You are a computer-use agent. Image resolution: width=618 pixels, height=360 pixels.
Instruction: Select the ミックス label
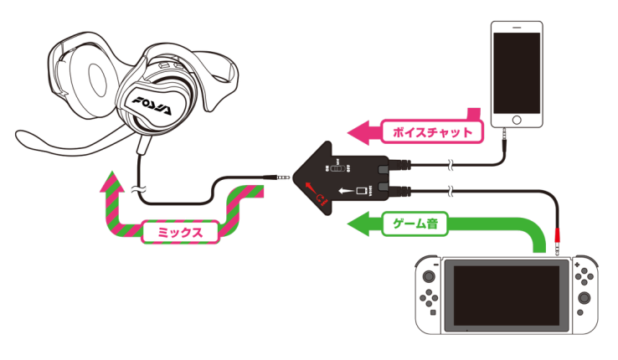[181, 231]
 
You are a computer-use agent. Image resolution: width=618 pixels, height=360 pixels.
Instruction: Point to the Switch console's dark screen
[506, 296]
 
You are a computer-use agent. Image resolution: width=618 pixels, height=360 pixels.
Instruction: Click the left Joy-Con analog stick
[429, 275]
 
